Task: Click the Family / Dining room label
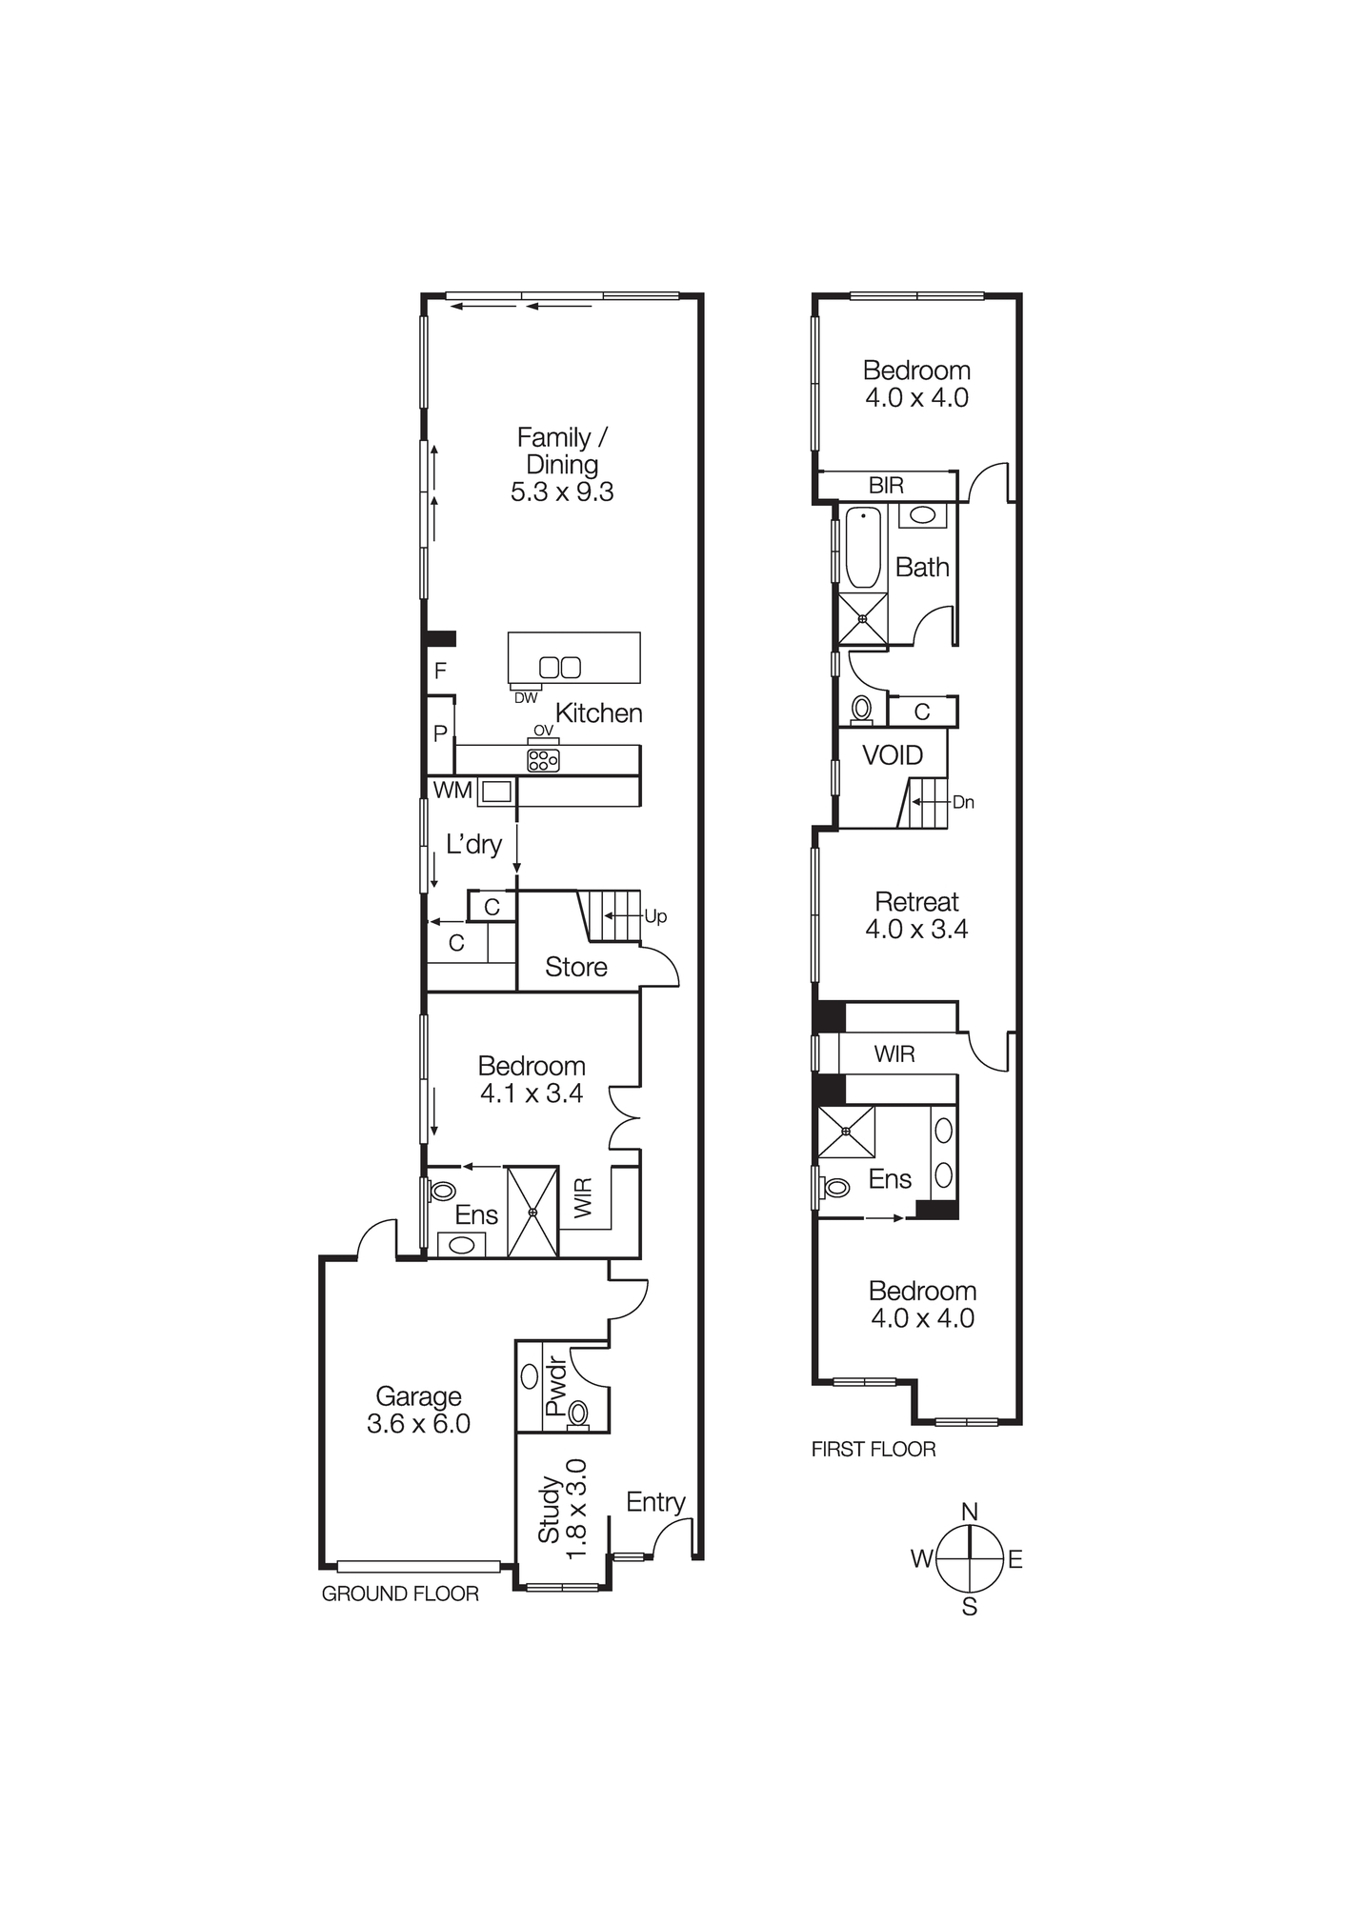pos(561,451)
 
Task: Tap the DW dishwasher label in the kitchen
pos(526,698)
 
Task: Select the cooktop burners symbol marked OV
pos(543,759)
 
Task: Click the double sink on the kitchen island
pos(560,667)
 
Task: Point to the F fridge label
pos(440,671)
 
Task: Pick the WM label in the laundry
pos(452,791)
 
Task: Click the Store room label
pos(575,968)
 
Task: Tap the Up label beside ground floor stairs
pos(655,916)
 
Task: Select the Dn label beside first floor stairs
pos(963,802)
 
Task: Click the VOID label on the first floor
pos(893,755)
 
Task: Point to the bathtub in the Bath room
pos(863,547)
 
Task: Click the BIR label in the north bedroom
pos(886,486)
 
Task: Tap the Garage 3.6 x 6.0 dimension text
pos(418,1424)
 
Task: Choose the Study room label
pos(550,1510)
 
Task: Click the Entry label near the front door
pos(655,1502)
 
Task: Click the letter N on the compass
pos(970,1512)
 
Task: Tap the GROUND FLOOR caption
pos(400,1594)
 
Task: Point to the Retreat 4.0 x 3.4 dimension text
pos(916,929)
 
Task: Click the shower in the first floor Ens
pos(846,1132)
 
